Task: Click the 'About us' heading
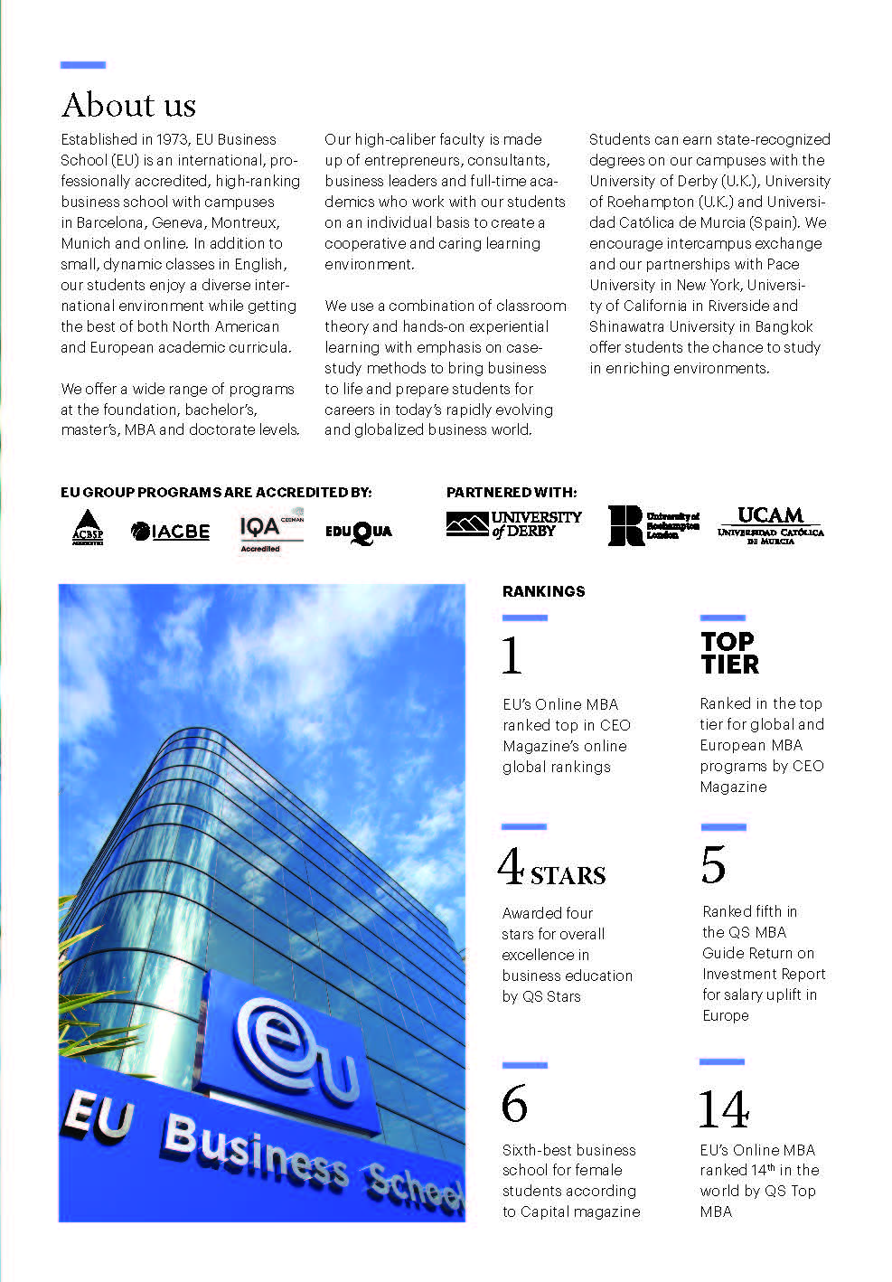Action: pyautogui.click(x=128, y=105)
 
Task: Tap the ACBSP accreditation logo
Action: pyautogui.click(x=88, y=527)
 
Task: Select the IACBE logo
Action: pyautogui.click(x=170, y=531)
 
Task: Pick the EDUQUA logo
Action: pyautogui.click(x=359, y=532)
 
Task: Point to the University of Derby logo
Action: pyautogui.click(x=513, y=524)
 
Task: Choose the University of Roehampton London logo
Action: pyautogui.click(x=653, y=524)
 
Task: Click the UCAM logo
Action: pyautogui.click(x=770, y=524)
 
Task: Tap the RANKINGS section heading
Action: pyautogui.click(x=543, y=591)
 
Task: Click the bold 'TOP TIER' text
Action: pyautogui.click(x=729, y=653)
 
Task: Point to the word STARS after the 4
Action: pyautogui.click(x=568, y=875)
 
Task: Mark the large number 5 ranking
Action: pyautogui.click(x=713, y=865)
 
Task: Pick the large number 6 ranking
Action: pyautogui.click(x=514, y=1104)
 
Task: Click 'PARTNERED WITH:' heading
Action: pyautogui.click(x=511, y=492)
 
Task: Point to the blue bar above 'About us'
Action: pyautogui.click(x=83, y=65)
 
